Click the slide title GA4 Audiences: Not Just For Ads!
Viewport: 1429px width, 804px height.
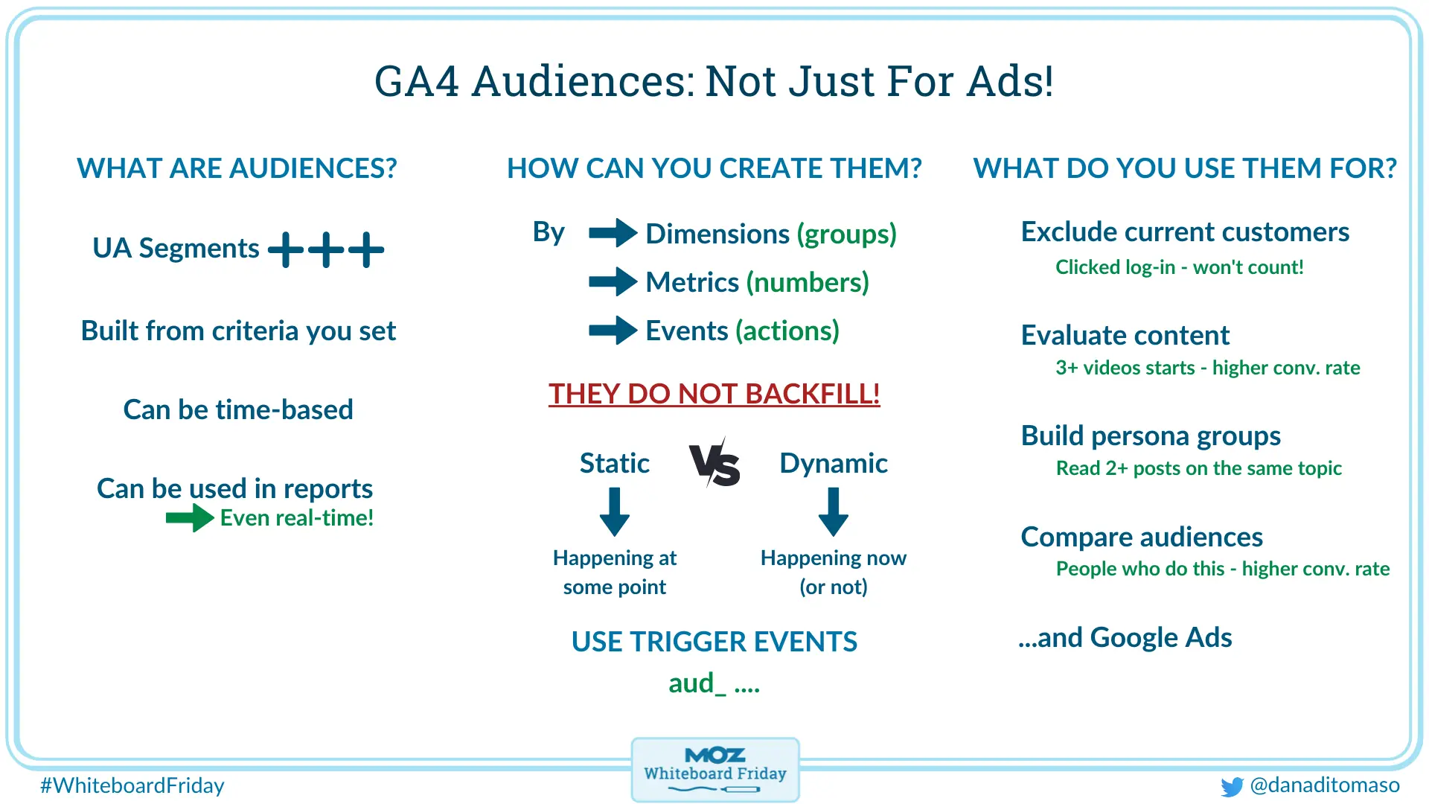pyautogui.click(x=714, y=81)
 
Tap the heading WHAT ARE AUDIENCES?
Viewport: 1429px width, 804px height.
pyautogui.click(x=237, y=168)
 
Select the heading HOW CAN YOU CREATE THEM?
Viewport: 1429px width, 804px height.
pyautogui.click(x=714, y=168)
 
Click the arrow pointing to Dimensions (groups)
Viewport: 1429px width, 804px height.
pyautogui.click(x=613, y=233)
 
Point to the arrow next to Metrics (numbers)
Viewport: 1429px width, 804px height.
pyautogui.click(x=613, y=282)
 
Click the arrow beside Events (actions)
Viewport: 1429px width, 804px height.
pyautogui.click(x=613, y=331)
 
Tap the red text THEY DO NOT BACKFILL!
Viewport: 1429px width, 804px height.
pyautogui.click(x=714, y=394)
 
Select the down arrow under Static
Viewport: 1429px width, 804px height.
pyautogui.click(x=615, y=512)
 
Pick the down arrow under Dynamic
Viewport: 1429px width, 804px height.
pyautogui.click(x=833, y=512)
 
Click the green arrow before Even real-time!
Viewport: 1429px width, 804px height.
pyautogui.click(x=190, y=517)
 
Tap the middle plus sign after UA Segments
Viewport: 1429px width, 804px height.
pyautogui.click(x=326, y=249)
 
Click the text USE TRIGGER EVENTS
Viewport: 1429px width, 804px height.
pyautogui.click(x=714, y=642)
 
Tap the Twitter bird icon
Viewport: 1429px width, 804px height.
pyautogui.click(x=1232, y=786)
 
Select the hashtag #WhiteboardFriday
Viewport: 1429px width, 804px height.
pyautogui.click(x=132, y=785)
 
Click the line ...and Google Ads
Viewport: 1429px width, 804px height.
pyautogui.click(x=1125, y=638)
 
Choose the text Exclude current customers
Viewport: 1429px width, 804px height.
pyautogui.click(x=1184, y=232)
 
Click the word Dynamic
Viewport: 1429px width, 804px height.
pyautogui.click(x=833, y=463)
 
